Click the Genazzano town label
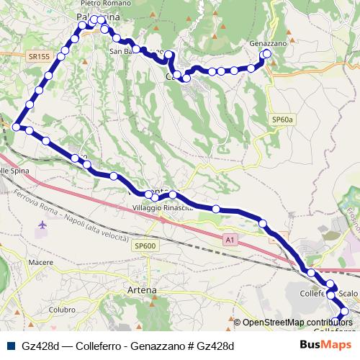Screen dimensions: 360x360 [x=268, y=44]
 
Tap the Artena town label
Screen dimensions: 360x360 [x=141, y=289]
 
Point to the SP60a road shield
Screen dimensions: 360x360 [x=284, y=120]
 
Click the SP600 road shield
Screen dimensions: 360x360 [x=145, y=246]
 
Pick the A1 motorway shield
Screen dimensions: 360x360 [x=229, y=238]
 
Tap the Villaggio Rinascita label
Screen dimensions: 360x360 [x=163, y=207]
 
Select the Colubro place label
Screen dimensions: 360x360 [x=62, y=310]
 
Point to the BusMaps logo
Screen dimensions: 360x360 [x=325, y=345]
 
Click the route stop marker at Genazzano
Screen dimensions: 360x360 [x=267, y=54]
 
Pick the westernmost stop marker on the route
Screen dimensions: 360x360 [x=15, y=126]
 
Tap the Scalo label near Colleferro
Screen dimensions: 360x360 [x=348, y=294]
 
